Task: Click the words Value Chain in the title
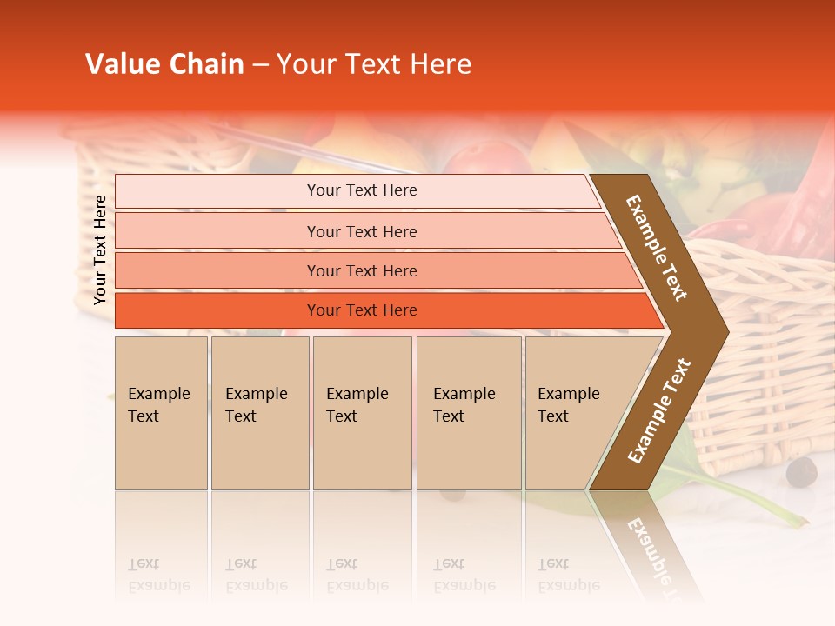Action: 164,64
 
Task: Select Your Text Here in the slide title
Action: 374,64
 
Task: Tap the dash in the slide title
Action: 260,65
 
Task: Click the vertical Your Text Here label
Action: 100,250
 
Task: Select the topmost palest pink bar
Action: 357,190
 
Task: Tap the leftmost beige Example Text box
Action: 161,413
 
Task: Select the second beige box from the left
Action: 260,413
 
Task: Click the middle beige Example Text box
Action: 362,413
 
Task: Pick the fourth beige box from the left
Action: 469,413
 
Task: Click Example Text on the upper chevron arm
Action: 657,248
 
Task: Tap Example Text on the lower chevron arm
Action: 658,411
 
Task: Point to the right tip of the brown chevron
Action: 726,331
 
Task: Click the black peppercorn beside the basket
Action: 801,472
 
